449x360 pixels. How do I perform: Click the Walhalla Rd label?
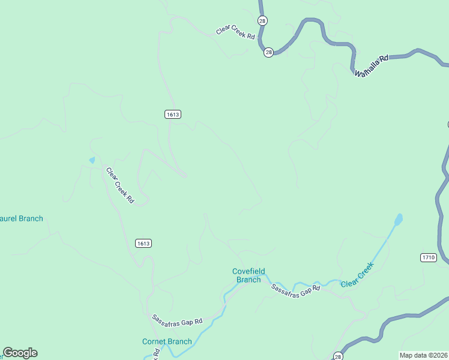pos(372,65)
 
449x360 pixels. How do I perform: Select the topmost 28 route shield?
pos(262,20)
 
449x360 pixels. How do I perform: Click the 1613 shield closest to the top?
pos(172,114)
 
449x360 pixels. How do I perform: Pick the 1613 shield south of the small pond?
pos(143,243)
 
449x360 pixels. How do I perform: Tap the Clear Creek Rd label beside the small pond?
pos(120,185)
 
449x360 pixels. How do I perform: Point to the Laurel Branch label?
pos(22,218)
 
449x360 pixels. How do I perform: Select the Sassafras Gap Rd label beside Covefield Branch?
pos(295,288)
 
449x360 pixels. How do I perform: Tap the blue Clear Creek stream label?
pos(358,274)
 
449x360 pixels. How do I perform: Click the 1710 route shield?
pos(428,257)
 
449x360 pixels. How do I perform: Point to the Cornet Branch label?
pos(167,342)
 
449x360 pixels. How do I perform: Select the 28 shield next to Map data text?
pos(338,355)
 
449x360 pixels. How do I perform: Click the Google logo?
pos(20,353)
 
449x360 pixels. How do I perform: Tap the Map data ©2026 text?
pos(423,355)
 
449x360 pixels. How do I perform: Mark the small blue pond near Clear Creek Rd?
pos(92,160)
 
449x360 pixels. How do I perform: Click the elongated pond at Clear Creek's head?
pos(398,220)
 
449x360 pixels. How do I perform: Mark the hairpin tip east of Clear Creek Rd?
pos(185,176)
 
